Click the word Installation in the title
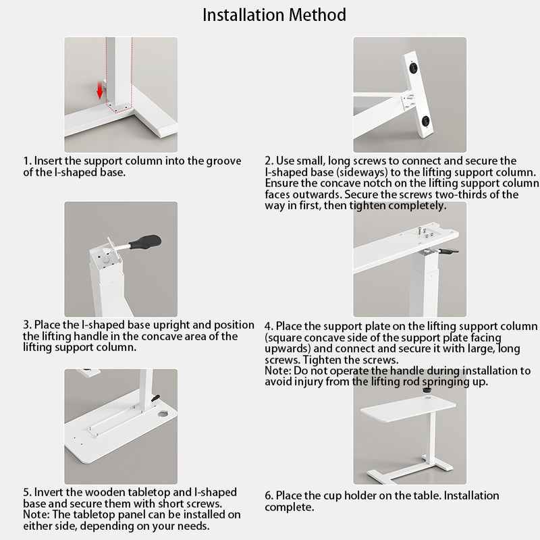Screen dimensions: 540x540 click(244, 15)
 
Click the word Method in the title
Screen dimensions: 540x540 click(317, 15)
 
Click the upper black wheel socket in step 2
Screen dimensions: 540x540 click(414, 67)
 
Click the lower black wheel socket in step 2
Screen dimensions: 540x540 click(426, 122)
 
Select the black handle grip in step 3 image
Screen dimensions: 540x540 click(145, 242)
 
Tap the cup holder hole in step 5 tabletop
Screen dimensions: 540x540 click(162, 413)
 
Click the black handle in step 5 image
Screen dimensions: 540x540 click(155, 398)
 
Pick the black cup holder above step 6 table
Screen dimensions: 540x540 click(427, 391)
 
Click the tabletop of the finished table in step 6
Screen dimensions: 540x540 click(408, 409)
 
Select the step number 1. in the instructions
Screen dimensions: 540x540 click(28, 161)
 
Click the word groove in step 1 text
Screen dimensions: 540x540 click(223, 161)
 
